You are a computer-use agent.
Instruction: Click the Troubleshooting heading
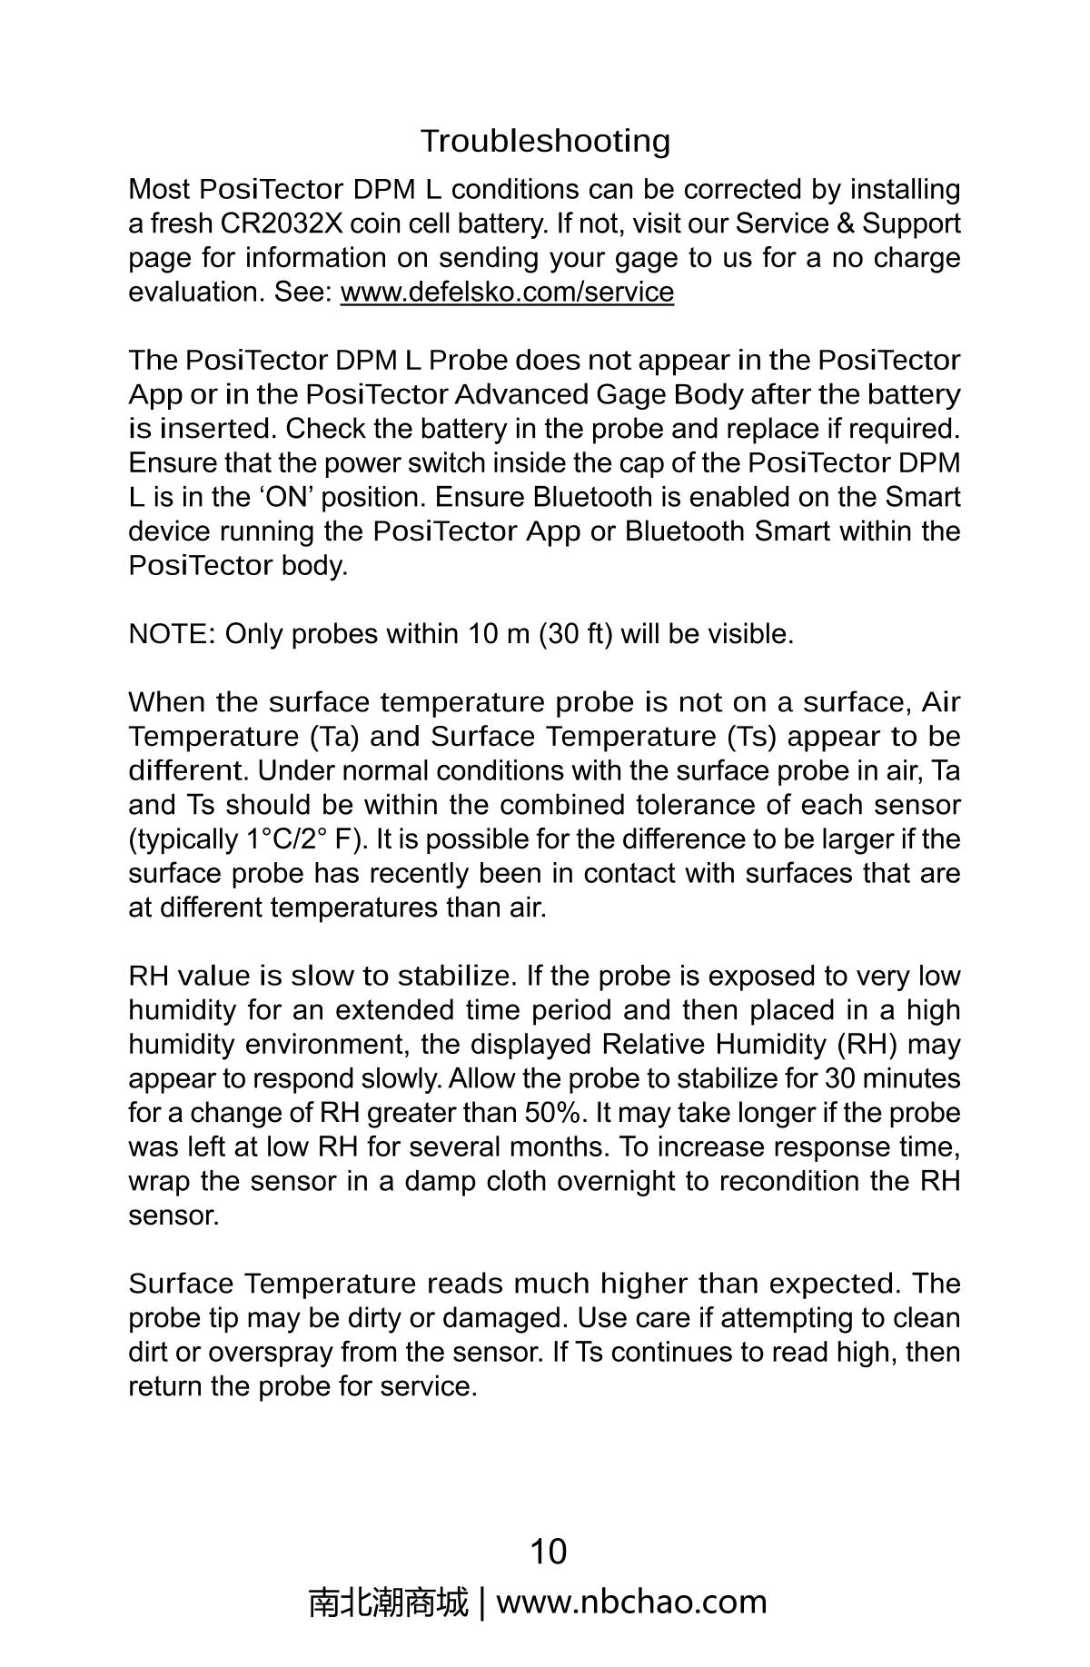pyautogui.click(x=545, y=141)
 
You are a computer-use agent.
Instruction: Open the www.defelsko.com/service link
pyautogui.click(x=507, y=293)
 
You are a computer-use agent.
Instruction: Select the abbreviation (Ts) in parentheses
pyautogui.click(x=751, y=736)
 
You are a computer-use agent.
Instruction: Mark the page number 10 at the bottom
pyautogui.click(x=548, y=1551)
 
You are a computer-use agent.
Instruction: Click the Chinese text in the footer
pyautogui.click(x=388, y=1603)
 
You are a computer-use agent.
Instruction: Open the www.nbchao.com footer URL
pyautogui.click(x=631, y=1603)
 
